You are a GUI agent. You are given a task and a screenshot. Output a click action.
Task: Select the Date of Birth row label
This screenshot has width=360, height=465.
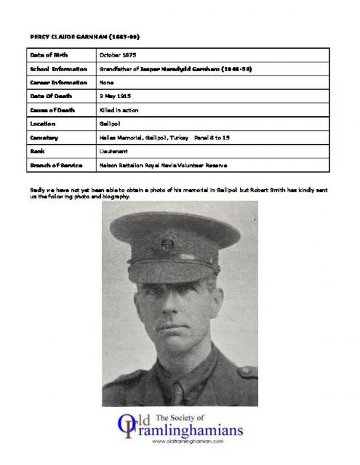tap(50, 54)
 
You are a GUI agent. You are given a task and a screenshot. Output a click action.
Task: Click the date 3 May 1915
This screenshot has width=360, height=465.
tap(115, 96)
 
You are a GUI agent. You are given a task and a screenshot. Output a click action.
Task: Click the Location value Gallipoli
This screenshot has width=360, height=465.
tap(111, 124)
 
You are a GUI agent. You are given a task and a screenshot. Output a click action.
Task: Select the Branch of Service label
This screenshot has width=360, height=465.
tap(57, 165)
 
